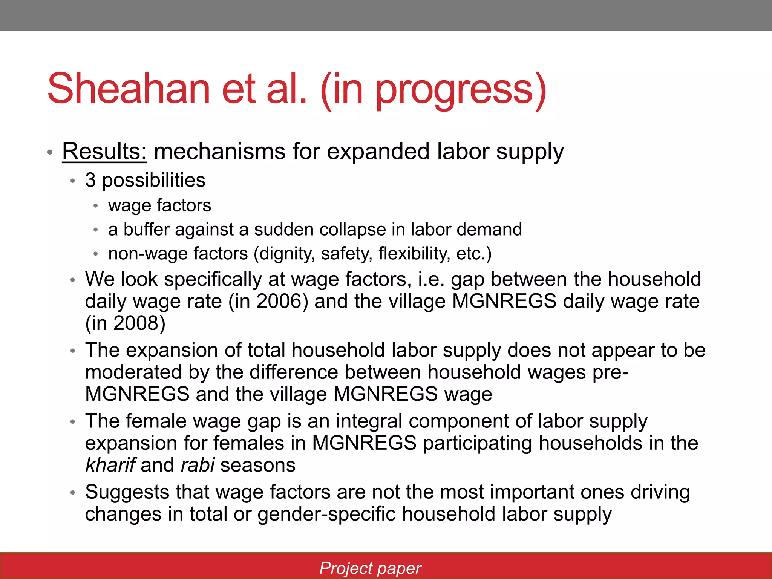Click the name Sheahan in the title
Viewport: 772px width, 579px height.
[129, 89]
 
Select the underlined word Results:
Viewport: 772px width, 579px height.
[104, 152]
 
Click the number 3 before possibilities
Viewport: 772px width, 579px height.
[90, 180]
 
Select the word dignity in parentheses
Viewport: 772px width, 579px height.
[288, 254]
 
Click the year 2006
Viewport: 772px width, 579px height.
[279, 302]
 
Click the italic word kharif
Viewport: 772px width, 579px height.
[110, 465]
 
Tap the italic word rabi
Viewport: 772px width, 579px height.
[198, 465]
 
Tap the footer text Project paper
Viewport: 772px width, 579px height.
[370, 568]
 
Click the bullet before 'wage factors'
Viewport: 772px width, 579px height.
[96, 206]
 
